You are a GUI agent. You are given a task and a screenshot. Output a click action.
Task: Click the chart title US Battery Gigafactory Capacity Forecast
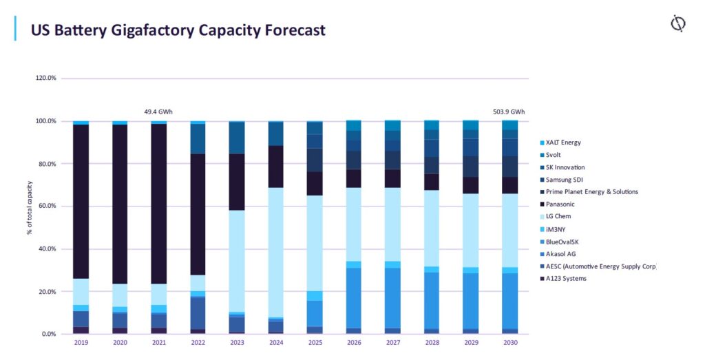tap(178, 30)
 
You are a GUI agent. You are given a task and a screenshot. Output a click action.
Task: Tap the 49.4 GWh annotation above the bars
tap(159, 111)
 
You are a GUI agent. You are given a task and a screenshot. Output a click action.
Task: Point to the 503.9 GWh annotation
tap(509, 111)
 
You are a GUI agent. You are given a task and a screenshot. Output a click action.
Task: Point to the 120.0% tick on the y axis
tap(46, 78)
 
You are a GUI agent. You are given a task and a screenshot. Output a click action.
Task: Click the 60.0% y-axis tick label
tap(48, 207)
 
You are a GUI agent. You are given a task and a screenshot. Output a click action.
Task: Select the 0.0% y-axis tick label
tap(49, 334)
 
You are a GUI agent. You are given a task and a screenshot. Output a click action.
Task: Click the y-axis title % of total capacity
tap(30, 207)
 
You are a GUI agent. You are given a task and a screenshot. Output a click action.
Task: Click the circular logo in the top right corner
tap(677, 24)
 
